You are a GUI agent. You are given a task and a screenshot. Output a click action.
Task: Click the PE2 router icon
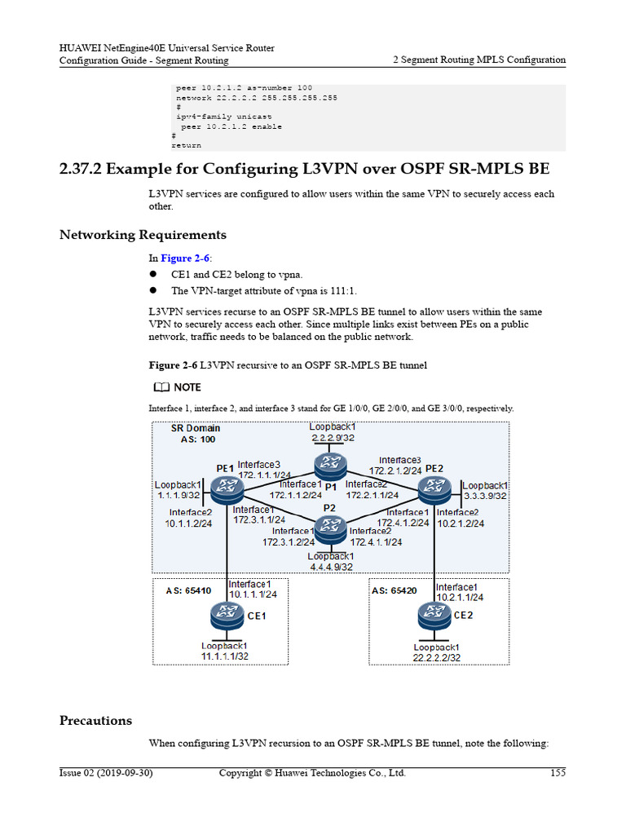tap(434, 490)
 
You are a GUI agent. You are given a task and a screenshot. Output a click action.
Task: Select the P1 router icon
tap(329, 465)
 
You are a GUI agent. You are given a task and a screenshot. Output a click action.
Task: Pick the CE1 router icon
tap(226, 614)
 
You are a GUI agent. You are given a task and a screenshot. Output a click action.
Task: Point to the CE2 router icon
tap(434, 614)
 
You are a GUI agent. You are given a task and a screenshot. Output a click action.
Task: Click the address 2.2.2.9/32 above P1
tap(332, 437)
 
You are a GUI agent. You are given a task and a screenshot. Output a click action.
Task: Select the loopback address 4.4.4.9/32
tap(331, 567)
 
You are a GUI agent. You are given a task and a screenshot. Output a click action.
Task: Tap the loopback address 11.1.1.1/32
tap(225, 656)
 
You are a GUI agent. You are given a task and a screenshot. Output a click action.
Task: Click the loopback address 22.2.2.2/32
tap(436, 657)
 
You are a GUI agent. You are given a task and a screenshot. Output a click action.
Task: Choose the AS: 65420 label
tap(395, 590)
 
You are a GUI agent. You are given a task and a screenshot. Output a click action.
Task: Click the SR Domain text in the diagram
tap(195, 428)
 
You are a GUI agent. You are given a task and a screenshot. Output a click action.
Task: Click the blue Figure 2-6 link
tap(185, 258)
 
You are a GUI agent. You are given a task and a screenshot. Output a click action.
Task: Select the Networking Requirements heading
tap(143, 235)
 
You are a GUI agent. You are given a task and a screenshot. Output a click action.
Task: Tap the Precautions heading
tap(95, 721)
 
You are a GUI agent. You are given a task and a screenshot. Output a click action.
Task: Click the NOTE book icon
tap(161, 387)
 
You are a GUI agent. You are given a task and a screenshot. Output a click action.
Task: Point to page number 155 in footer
tap(558, 773)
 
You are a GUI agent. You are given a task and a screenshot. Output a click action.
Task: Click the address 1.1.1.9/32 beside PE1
tap(179, 495)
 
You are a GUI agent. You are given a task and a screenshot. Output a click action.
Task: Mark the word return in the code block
tap(186, 145)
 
